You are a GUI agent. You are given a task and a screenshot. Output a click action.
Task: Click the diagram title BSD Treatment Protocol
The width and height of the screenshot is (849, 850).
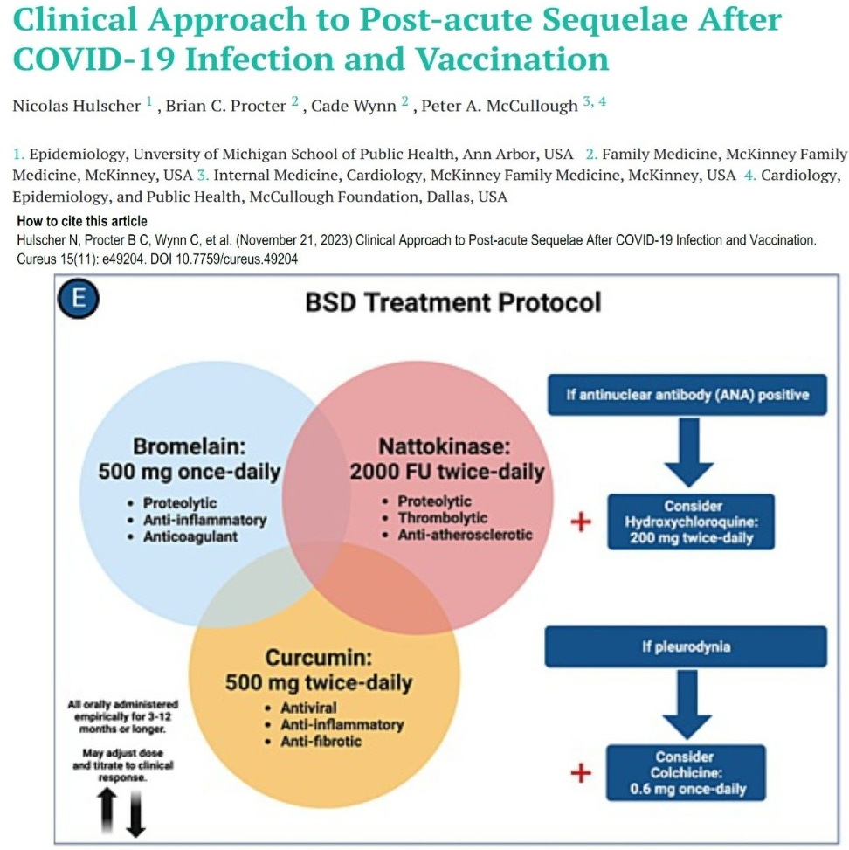(x=453, y=303)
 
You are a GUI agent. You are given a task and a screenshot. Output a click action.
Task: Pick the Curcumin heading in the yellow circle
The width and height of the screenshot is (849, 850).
(x=319, y=655)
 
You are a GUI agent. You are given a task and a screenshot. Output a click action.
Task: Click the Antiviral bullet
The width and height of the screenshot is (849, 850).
(x=308, y=708)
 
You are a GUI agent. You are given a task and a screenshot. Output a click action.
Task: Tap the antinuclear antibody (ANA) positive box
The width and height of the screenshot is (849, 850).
(x=686, y=395)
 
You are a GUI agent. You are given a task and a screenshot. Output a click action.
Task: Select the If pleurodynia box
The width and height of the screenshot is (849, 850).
(x=686, y=647)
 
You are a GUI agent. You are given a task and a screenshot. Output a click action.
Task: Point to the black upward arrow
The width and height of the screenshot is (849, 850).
(x=107, y=812)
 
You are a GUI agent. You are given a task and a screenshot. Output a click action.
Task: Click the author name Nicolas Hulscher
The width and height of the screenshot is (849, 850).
(x=77, y=106)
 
